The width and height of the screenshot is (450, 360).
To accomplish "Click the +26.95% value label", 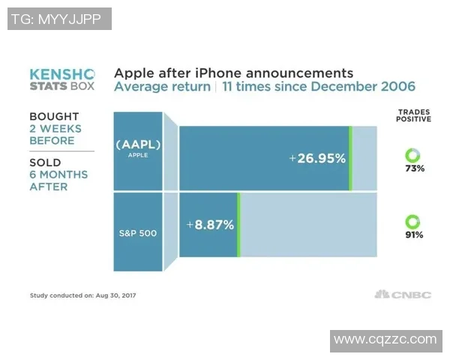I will pyautogui.click(x=317, y=158).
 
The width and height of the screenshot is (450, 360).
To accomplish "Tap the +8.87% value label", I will pyautogui.click(x=211, y=224).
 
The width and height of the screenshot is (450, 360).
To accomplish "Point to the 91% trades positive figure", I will pyautogui.click(x=413, y=235).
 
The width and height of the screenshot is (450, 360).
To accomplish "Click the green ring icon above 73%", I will pyautogui.click(x=413, y=154).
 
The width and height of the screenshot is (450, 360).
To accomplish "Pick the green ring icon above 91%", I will pyautogui.click(x=413, y=220).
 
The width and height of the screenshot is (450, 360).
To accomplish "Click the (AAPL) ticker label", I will pyautogui.click(x=137, y=144).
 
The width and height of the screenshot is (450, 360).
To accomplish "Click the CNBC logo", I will pyautogui.click(x=403, y=295).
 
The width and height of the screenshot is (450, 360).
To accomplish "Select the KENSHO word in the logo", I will pyautogui.click(x=62, y=74).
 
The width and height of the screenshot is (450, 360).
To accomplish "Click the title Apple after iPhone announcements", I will pyautogui.click(x=233, y=73).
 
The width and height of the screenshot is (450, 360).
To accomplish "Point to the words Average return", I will pyautogui.click(x=161, y=88).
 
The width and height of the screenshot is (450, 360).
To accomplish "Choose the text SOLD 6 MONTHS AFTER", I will pyautogui.click(x=58, y=174).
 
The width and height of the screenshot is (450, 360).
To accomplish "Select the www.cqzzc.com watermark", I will pyautogui.click(x=385, y=339).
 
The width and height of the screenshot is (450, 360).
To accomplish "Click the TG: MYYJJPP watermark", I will pyautogui.click(x=59, y=19).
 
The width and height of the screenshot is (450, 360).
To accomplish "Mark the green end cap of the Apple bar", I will pyautogui.click(x=350, y=158).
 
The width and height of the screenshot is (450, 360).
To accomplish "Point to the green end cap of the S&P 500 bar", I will pyautogui.click(x=238, y=224).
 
